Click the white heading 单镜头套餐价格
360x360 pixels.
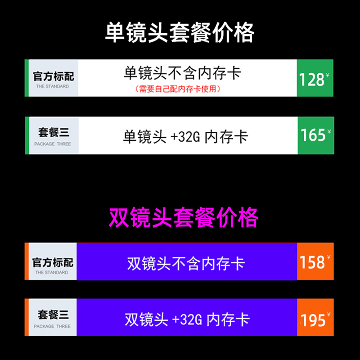tap(180, 32)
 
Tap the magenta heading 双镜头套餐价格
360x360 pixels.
tap(184, 217)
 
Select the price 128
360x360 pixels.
tap(311, 80)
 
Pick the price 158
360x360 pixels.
tap(312, 262)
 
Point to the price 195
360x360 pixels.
tap(313, 320)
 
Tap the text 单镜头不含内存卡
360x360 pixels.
tap(182, 73)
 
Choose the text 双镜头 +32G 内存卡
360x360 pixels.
tap(187, 320)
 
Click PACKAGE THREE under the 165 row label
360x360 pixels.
tap(53, 144)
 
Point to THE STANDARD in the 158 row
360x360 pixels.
tap(52, 273)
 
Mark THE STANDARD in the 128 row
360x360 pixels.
tap(52, 86)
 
